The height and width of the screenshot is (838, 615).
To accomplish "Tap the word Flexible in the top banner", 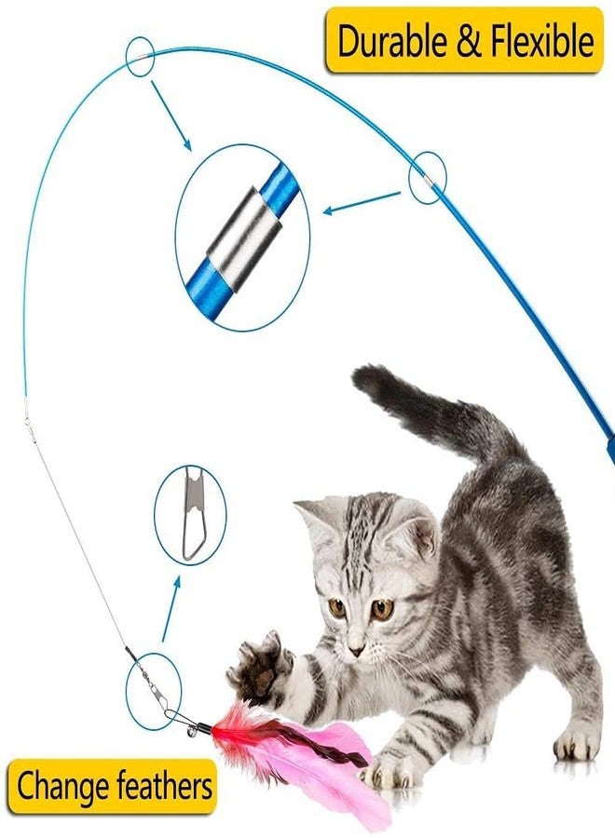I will pos(538,41).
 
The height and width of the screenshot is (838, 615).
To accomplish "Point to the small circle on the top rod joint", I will pos(140,57).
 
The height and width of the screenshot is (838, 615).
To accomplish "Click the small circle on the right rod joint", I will pos(428,178).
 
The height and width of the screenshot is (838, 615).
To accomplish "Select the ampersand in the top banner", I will pos(466,42).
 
